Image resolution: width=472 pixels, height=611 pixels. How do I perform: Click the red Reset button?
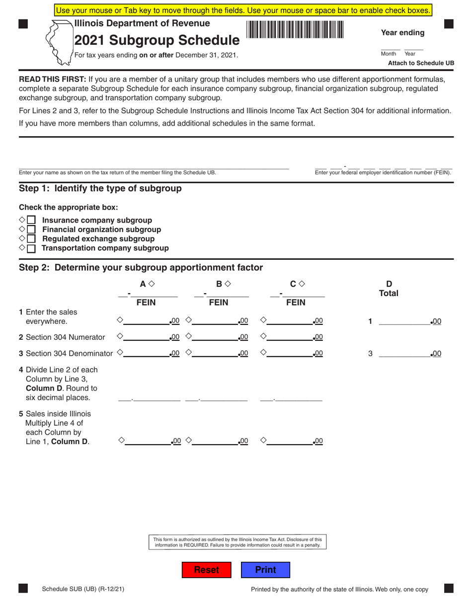point(206,570)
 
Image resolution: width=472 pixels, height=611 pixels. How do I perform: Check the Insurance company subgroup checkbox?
point(31,220)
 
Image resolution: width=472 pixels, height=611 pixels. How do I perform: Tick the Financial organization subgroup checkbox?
point(31,229)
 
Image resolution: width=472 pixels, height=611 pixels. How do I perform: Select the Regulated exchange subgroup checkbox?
point(31,239)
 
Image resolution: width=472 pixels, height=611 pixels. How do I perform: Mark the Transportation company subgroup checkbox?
point(31,248)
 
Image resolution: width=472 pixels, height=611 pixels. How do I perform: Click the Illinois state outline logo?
point(58,43)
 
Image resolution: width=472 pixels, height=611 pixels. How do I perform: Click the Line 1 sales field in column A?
point(147,321)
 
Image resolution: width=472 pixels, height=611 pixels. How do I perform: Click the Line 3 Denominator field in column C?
point(290,353)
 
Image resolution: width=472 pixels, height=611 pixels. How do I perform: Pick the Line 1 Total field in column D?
point(404,321)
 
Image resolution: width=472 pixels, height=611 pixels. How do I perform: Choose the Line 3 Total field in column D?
point(404,353)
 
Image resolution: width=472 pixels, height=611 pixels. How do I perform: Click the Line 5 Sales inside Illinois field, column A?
point(147,440)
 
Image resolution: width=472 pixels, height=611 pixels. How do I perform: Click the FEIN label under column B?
point(219,303)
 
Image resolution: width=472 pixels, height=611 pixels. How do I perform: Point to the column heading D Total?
point(389,289)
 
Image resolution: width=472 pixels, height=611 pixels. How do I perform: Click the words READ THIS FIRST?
point(52,79)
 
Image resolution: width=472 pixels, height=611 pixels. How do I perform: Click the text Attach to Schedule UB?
point(420,63)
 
